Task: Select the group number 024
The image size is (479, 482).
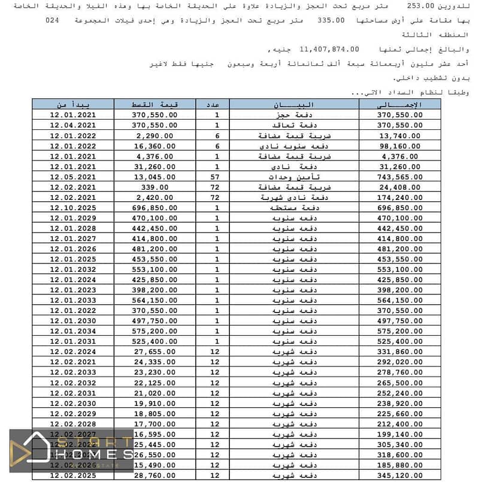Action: click(53, 20)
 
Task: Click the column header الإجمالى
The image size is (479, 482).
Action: click(399, 104)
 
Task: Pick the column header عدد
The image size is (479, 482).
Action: click(217, 104)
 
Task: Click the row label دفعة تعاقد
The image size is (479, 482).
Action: click(281, 125)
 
